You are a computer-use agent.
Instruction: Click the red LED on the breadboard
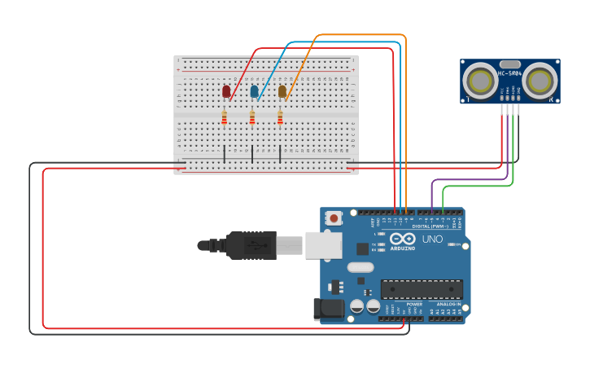[x=226, y=91]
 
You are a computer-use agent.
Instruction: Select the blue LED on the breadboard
[x=254, y=91]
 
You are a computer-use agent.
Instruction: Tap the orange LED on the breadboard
[x=282, y=91]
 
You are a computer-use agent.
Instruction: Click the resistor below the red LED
[x=225, y=119]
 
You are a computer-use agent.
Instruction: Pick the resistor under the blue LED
[x=252, y=119]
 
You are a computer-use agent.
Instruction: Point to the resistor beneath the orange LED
[x=280, y=119]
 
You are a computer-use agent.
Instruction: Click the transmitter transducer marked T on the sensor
[x=481, y=81]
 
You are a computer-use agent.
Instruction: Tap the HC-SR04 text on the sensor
[x=510, y=73]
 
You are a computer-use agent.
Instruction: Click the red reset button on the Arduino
[x=334, y=217]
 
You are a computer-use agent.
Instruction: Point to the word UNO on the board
[x=431, y=239]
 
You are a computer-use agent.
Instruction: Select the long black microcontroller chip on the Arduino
[x=422, y=289]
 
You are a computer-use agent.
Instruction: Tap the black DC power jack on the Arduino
[x=329, y=309]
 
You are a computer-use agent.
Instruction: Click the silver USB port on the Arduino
[x=323, y=244]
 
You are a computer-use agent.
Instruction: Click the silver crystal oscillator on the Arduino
[x=360, y=267]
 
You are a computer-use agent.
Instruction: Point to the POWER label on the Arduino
[x=414, y=304]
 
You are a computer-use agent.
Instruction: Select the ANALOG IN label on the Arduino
[x=448, y=304]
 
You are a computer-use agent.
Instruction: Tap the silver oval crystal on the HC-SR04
[x=510, y=64]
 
